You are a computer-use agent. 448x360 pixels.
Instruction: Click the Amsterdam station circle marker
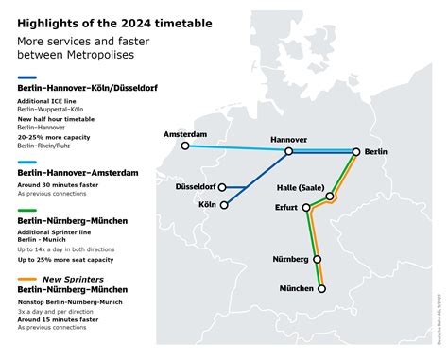coord(186,146)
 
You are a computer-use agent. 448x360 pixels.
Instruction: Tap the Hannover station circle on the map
coord(289,151)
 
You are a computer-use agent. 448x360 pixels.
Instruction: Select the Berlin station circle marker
coord(356,151)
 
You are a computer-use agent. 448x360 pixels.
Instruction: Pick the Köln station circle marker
coord(224,204)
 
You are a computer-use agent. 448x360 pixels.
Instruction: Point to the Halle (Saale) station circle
coord(331,197)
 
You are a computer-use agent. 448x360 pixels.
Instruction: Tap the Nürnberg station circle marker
coord(317,259)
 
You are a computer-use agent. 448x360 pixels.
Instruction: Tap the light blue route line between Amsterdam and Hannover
coord(236,148)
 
